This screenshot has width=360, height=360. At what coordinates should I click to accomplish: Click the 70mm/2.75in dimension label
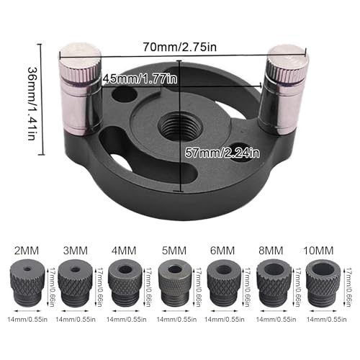click(180, 47)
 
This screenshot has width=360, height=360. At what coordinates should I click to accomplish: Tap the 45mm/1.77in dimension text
click(140, 78)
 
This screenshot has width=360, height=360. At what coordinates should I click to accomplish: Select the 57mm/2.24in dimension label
click(222, 153)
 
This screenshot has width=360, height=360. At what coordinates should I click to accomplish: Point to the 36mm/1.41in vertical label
click(32, 103)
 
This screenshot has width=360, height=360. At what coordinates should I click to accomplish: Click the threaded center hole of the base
click(180, 127)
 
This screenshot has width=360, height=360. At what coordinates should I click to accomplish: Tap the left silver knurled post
click(80, 89)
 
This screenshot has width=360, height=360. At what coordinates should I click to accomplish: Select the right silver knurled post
click(283, 89)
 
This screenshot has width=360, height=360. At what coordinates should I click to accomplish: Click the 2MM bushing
click(27, 283)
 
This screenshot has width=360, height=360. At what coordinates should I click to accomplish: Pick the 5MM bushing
click(175, 283)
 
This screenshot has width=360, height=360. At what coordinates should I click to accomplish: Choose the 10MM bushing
click(323, 283)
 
